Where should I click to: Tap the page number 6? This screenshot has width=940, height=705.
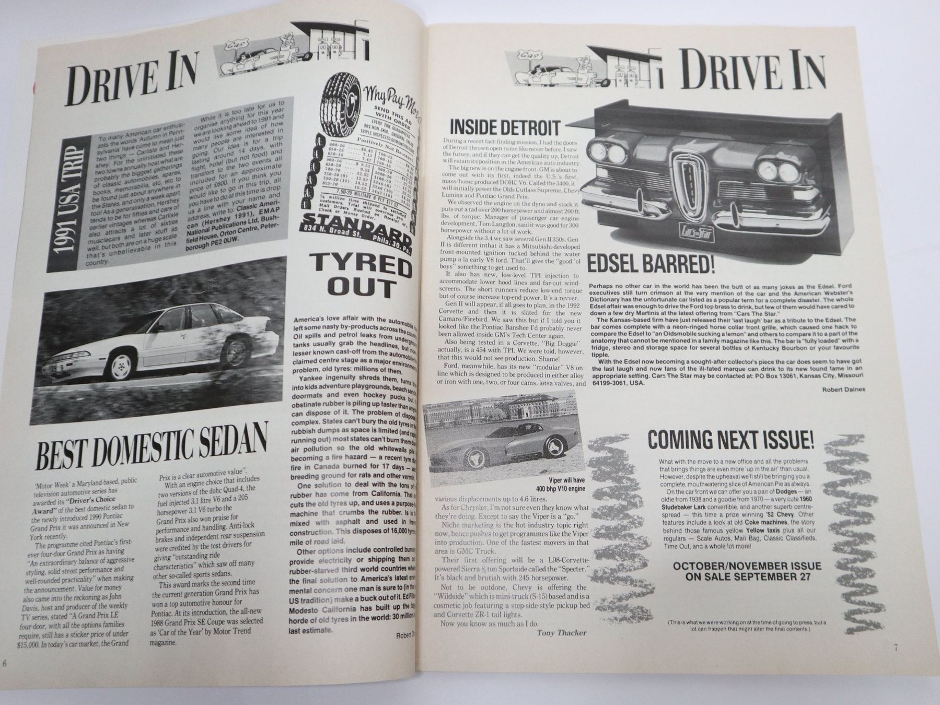(4, 663)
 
